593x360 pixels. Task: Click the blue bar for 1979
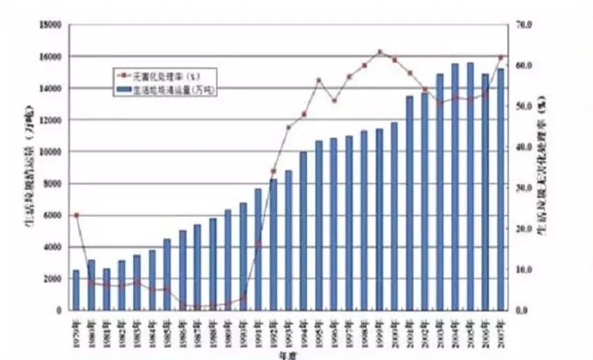pyautogui.click(x=76, y=290)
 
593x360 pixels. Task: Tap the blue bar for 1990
pyautogui.click(x=243, y=257)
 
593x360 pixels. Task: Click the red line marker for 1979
pyautogui.click(x=76, y=215)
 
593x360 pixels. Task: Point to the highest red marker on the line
pyautogui.click(x=379, y=52)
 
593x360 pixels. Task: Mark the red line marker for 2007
pyautogui.click(x=500, y=57)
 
